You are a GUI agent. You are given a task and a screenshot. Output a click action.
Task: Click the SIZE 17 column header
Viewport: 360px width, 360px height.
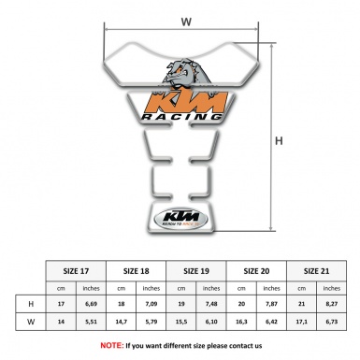[x=76, y=267]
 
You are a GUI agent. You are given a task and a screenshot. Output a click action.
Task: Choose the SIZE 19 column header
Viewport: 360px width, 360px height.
[x=197, y=267]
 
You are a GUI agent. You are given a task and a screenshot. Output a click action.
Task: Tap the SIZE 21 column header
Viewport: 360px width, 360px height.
[x=318, y=267]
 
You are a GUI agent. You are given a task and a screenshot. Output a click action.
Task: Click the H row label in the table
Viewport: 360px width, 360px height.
[x=31, y=304]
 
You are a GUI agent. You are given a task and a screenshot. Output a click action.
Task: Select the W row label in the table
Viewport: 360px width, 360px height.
[x=31, y=322]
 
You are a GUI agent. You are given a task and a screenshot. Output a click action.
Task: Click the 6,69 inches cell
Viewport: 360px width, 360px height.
[x=92, y=304]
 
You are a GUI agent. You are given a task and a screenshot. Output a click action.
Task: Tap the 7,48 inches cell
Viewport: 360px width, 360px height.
[x=212, y=304]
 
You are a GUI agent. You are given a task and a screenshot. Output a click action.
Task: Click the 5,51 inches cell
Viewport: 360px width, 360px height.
[x=92, y=322]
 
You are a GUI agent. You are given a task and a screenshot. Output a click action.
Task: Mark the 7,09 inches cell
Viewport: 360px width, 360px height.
[x=151, y=304]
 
